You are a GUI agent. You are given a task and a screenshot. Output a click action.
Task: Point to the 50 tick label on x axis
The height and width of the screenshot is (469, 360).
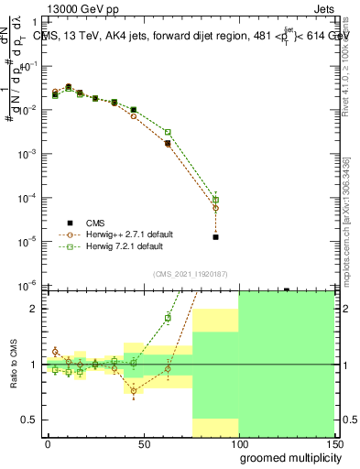tap(144, 443)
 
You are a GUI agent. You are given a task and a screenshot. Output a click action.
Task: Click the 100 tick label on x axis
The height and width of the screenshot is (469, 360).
tap(238, 443)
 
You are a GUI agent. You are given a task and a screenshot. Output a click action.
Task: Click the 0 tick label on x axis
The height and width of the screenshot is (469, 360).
tap(48, 443)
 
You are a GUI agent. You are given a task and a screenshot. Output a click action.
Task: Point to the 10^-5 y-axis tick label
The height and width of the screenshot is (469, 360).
tap(29, 241)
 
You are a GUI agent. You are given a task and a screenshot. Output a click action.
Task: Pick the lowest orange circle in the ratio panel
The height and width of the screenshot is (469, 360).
tap(134, 391)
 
